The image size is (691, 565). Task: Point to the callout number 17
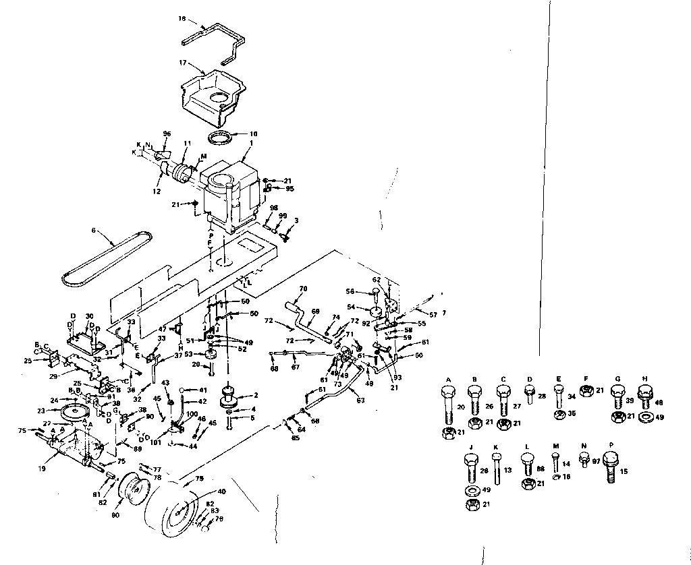tap(182, 61)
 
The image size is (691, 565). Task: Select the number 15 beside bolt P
tap(624, 471)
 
